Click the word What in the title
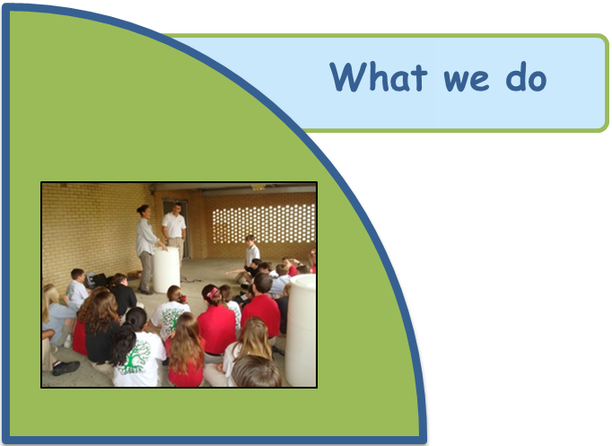coord(379,77)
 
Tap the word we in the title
coord(466,80)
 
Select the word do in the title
coord(526,77)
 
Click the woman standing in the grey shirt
coord(147,249)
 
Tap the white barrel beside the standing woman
coord(166,269)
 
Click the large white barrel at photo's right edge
coord(301,329)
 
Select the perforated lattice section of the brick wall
coord(264,223)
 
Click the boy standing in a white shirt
coord(252,251)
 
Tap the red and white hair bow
coord(214,293)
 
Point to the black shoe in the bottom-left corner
coord(66,368)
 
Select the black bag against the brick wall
coord(96,280)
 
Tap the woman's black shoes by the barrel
coord(145,291)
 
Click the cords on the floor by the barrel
coord(191,279)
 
